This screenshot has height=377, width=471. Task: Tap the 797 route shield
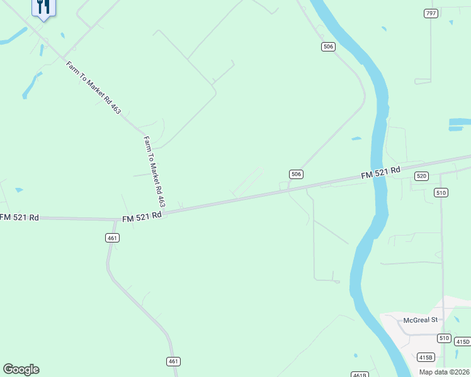(431, 13)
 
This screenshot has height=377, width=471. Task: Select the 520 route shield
(422, 177)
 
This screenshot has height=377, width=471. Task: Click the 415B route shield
(426, 358)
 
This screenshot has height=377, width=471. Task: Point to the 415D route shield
(463, 342)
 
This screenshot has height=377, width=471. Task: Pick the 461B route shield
(360, 374)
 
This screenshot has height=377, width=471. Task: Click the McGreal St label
(420, 320)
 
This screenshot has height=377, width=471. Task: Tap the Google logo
(21, 369)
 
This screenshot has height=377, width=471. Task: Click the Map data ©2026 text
(444, 371)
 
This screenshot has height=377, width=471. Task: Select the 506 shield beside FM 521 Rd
(297, 174)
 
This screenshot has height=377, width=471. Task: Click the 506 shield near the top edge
(327, 46)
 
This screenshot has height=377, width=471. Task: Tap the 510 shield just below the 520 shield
(441, 192)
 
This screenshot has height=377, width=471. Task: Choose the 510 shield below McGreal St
(445, 338)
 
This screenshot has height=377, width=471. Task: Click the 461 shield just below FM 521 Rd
(112, 238)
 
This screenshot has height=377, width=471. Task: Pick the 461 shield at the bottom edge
(174, 361)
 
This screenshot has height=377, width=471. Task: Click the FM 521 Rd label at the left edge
(20, 217)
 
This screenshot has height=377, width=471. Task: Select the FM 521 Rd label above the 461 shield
(142, 214)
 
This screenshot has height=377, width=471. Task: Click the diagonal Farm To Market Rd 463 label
(93, 87)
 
